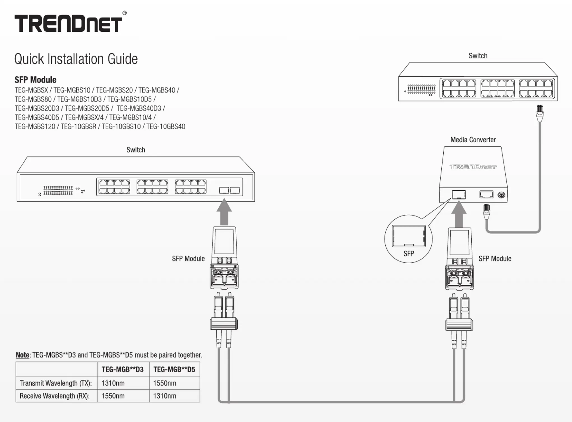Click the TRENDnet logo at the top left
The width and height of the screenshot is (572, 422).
[x=68, y=24]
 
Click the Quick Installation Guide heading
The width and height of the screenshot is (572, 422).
[x=76, y=59]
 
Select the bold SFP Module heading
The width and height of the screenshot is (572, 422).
[x=35, y=80]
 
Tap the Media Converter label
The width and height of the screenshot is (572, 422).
[x=473, y=140]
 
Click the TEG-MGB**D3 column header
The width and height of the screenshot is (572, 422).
[x=122, y=369]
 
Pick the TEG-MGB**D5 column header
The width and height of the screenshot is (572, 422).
[x=174, y=369]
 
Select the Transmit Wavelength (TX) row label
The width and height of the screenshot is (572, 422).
[x=56, y=383]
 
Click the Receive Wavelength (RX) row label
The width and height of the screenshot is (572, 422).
[x=55, y=396]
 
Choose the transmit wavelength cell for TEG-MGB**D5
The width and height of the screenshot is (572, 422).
[x=165, y=383]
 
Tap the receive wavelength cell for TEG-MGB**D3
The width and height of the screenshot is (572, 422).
[x=113, y=396]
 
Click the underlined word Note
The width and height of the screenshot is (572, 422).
[x=22, y=355]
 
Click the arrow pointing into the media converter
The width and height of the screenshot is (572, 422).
[x=459, y=215]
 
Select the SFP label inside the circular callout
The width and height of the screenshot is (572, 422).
[x=409, y=254]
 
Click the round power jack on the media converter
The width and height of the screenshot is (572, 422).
[x=501, y=195]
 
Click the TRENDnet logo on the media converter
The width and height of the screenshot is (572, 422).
[x=473, y=167]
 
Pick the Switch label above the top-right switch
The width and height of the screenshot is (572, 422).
[x=478, y=56]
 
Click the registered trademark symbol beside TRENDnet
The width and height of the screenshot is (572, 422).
[x=124, y=13]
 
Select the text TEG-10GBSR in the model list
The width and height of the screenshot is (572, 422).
[x=78, y=127]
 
